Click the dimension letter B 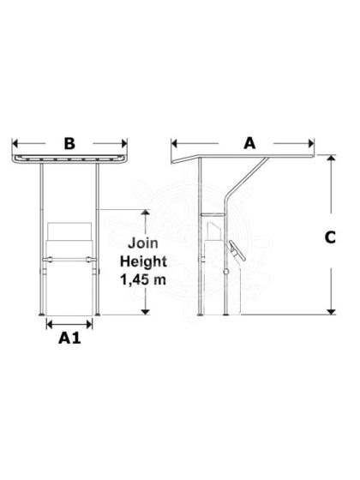click(x=69, y=144)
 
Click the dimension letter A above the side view click(x=249, y=144)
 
